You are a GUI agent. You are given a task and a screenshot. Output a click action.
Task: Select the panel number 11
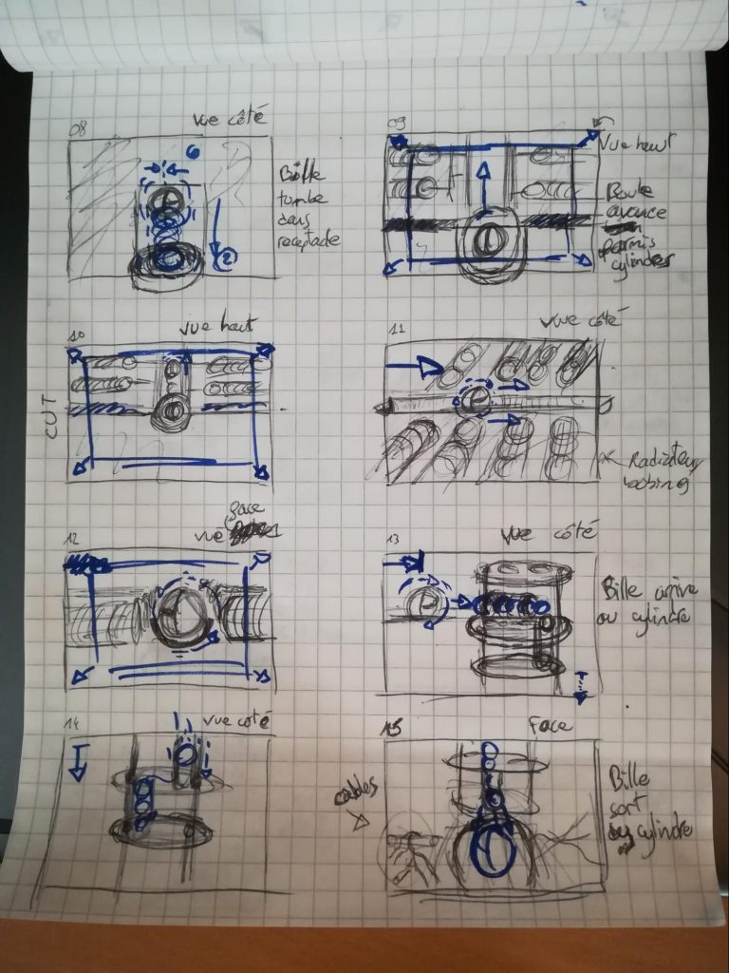click(397, 329)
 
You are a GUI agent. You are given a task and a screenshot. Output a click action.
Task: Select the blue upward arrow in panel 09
click(484, 185)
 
